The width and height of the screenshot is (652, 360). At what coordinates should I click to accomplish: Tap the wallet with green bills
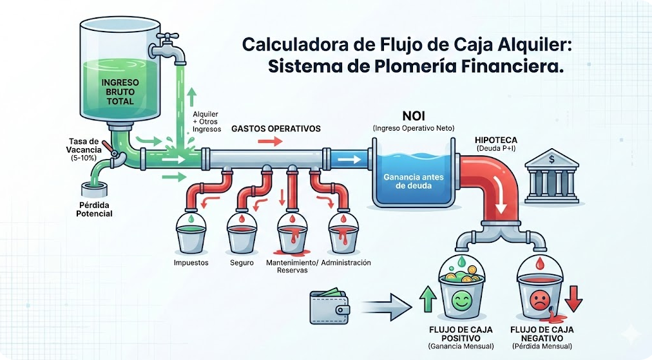pos(330,307)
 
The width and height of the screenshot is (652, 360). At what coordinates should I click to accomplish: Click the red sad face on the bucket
pos(540,299)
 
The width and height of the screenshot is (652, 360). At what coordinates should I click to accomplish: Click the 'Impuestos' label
pos(191,263)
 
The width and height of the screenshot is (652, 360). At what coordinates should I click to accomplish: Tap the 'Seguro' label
pos(242,263)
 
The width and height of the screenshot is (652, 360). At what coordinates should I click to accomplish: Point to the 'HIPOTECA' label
pos(495,139)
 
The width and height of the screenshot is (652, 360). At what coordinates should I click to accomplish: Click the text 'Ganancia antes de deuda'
pos(412,181)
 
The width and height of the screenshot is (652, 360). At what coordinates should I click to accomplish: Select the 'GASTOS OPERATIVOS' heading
pos(276,128)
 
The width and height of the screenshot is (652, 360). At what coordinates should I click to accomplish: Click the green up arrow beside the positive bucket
pos(427,298)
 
